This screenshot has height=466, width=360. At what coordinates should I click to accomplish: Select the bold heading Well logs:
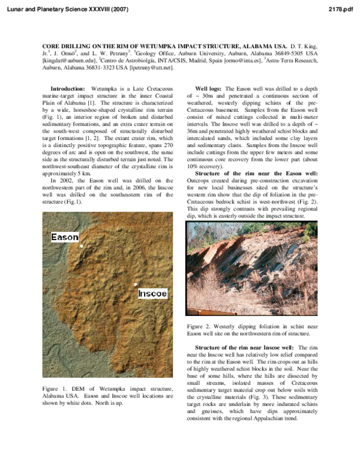pos(208,89)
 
